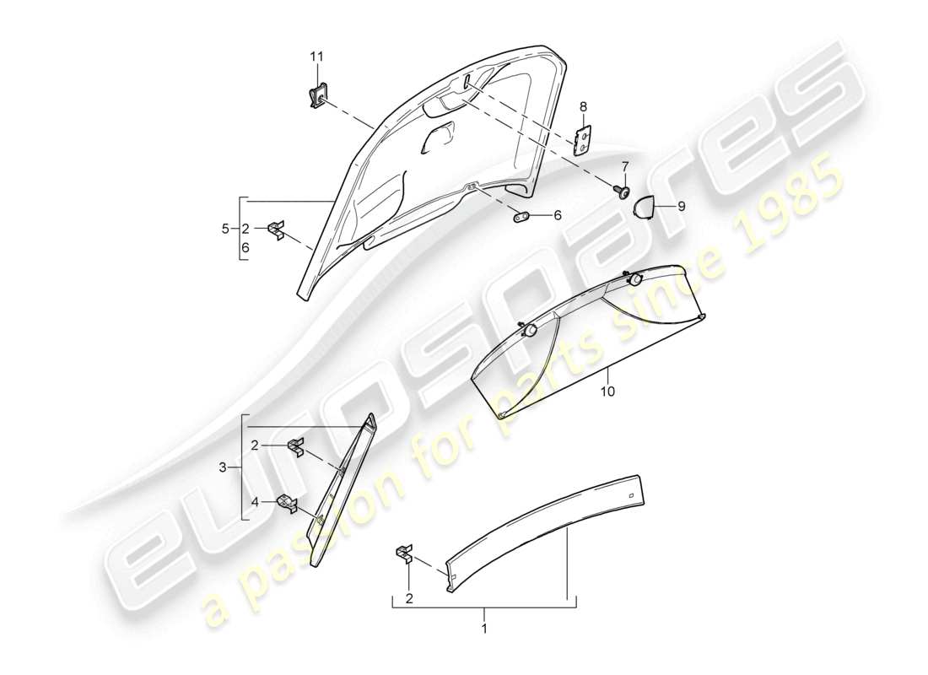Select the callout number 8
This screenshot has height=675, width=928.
pos(582,106)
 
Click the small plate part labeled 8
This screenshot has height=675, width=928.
pos(581,140)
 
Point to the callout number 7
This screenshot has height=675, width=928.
pos(625,165)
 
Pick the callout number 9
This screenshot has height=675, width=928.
pos(682,204)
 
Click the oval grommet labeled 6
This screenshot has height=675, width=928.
pos(521,216)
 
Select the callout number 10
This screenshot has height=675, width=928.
pos(608,391)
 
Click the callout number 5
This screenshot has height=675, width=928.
pos(225,229)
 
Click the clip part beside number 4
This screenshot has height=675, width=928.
pos(287,504)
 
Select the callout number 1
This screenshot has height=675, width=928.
pos(484,629)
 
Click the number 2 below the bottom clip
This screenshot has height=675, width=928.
pos(410,599)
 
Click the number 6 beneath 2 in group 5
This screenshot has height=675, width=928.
pos(245,250)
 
